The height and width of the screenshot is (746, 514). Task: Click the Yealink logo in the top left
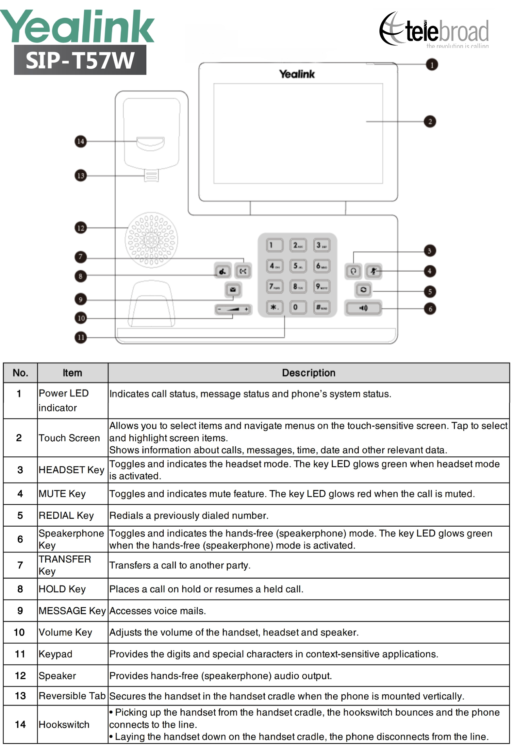pos(77,26)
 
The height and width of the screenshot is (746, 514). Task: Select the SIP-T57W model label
pos(80,60)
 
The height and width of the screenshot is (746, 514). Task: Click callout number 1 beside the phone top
pos(432,64)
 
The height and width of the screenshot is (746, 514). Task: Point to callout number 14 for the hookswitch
pos(81,142)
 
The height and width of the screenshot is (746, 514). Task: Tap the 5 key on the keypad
pos(298,266)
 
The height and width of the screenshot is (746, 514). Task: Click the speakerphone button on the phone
pos(363,308)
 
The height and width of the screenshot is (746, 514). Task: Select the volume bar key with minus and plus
pos(233,309)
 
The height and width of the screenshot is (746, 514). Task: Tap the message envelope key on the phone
pos(233,289)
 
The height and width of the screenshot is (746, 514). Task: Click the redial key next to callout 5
pos(363,290)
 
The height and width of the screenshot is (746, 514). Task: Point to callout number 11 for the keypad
pos(81,337)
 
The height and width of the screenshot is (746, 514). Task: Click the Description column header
pos(308,373)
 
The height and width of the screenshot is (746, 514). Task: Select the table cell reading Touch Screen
pos(69,438)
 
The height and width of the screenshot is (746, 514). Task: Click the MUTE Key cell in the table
pos(62,494)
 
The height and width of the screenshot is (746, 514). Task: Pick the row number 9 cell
pos(20,611)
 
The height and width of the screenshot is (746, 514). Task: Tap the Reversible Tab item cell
pos(72,696)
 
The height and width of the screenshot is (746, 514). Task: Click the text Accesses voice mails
pos(158,611)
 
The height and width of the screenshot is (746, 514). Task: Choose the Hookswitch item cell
pos(64,724)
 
